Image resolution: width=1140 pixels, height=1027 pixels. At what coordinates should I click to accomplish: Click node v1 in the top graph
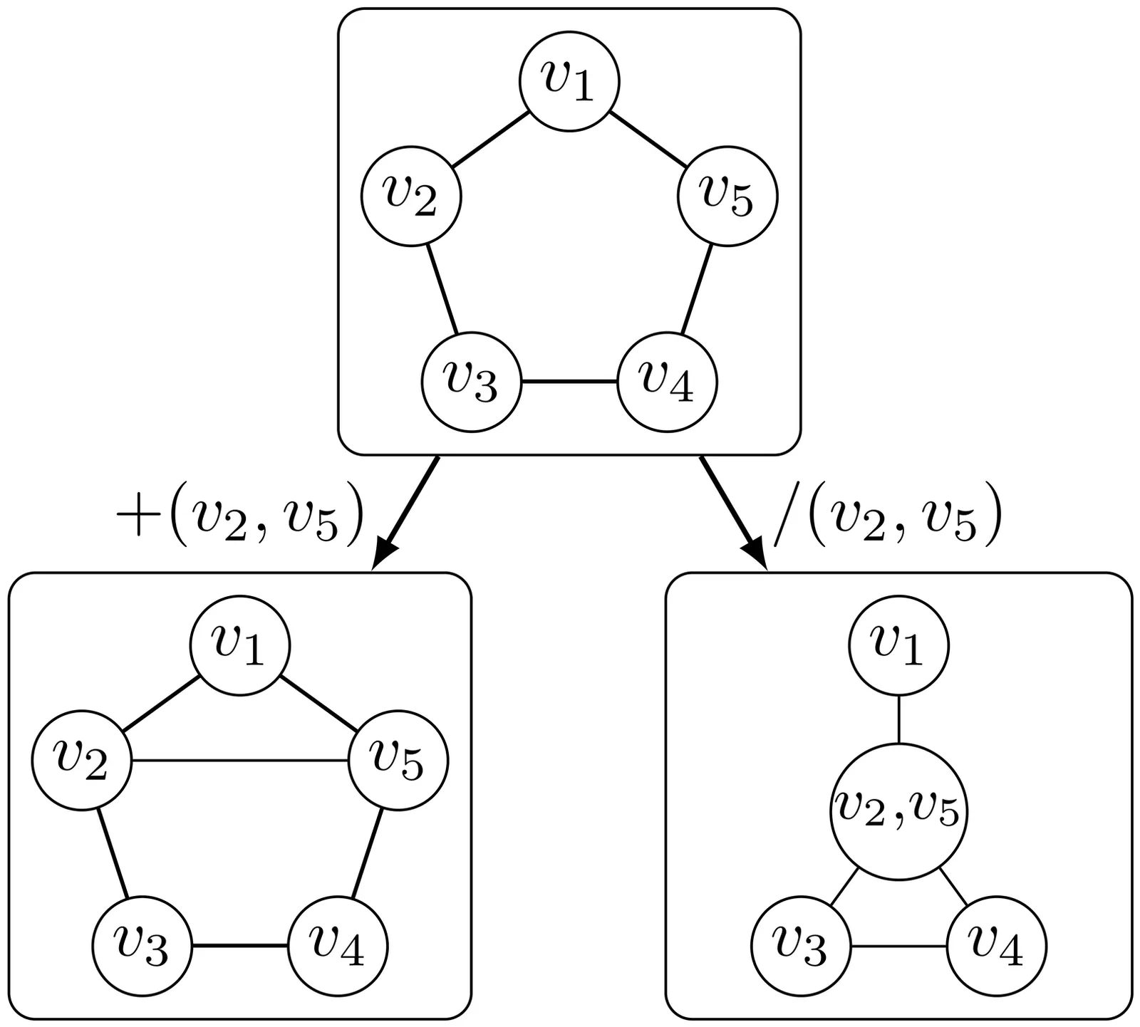[x=569, y=81]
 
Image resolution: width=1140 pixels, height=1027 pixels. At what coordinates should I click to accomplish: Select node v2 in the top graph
[x=411, y=196]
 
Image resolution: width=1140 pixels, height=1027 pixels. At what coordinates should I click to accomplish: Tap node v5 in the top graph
[x=727, y=196]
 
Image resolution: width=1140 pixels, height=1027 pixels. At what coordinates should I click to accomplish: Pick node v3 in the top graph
[x=472, y=382]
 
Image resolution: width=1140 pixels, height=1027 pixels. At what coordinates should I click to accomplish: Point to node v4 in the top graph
[x=667, y=382]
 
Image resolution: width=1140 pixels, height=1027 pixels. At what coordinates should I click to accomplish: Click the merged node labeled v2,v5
[x=898, y=810]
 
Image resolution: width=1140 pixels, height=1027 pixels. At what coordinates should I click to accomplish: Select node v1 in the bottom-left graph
[x=240, y=645]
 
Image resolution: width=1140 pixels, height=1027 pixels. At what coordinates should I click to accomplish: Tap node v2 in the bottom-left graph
[x=82, y=760]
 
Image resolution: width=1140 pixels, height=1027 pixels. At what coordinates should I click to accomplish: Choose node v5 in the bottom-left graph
[x=398, y=760]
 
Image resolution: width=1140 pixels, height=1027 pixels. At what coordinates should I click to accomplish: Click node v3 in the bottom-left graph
[x=142, y=946]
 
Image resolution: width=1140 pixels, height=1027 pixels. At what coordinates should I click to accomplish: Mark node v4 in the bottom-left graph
[x=338, y=946]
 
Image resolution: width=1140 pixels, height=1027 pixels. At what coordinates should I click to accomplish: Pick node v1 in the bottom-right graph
[x=898, y=645]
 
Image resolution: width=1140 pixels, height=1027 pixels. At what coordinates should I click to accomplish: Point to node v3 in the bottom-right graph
[x=801, y=946]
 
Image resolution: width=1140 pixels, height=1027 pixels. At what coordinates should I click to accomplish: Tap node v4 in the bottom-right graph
[x=996, y=946]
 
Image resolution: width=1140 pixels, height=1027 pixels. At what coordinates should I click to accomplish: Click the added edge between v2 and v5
[x=240, y=761]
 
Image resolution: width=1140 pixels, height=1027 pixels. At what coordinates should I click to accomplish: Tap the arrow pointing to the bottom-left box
[x=406, y=512]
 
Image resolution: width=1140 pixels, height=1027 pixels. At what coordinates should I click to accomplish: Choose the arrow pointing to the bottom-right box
[x=734, y=512]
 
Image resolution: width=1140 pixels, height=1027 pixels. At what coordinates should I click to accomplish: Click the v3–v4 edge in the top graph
[x=569, y=382]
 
